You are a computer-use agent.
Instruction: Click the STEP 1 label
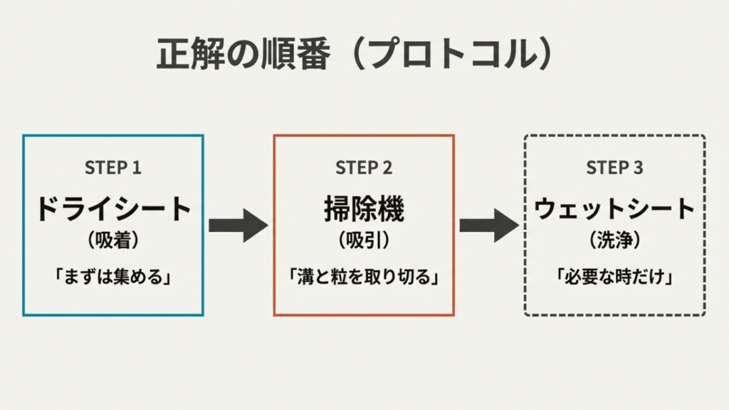113,168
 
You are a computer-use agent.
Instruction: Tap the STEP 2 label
364,168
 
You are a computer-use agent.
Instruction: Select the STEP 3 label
614,168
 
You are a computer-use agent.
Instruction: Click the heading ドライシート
113,209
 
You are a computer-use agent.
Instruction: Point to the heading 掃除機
364,209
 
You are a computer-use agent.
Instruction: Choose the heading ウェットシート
614,209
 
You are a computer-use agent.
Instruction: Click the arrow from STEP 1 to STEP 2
238,226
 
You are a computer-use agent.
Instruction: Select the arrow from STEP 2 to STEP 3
488,226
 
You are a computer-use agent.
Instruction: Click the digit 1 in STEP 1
137,168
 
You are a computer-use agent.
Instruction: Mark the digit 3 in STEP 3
638,168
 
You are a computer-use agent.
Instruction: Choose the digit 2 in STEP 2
387,168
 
